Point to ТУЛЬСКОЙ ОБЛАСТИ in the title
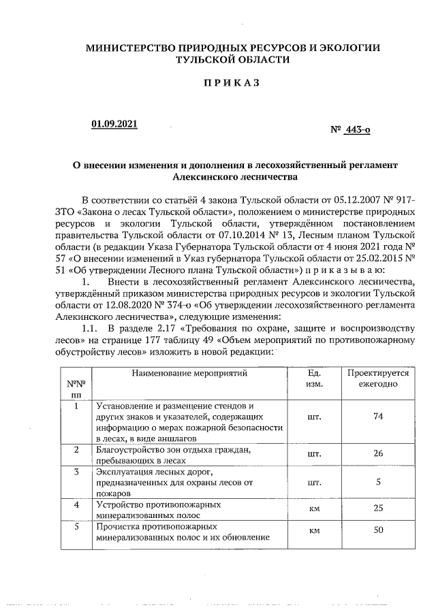coord(232,60)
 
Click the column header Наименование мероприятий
coord(189,374)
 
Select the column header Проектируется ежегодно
coord(377,379)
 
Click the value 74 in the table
coord(378,417)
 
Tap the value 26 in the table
coord(378,453)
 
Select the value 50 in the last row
coord(378,530)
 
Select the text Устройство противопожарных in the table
coord(158,505)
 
